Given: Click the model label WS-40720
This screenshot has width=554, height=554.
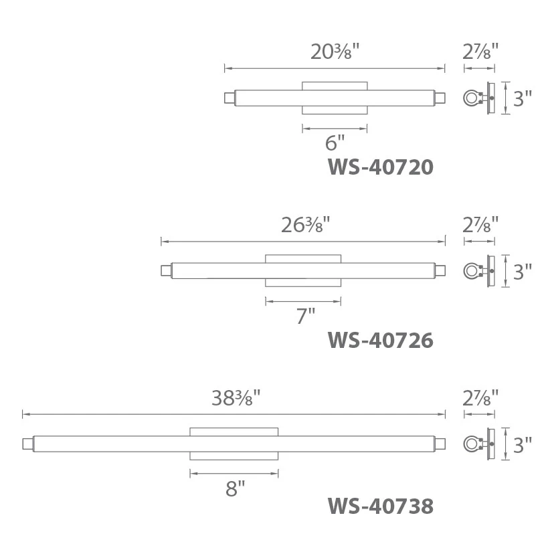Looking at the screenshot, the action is [x=381, y=167].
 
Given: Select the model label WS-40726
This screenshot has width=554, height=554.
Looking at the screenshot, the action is [x=381, y=340].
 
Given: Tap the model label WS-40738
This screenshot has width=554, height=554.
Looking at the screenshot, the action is [x=381, y=506].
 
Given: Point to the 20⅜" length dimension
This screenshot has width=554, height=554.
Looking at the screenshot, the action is [x=335, y=52].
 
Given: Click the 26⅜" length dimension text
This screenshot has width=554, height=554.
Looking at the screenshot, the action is [x=305, y=225].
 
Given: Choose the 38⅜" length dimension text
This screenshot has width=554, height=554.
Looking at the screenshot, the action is [x=236, y=398].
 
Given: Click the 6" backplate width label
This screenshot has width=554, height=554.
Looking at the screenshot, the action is [x=335, y=143].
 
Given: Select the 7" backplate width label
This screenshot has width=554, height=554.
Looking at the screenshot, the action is [x=306, y=316].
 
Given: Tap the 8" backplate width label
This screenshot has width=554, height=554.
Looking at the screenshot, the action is [x=236, y=489].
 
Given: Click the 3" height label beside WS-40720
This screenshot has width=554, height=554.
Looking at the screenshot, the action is [x=522, y=98].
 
